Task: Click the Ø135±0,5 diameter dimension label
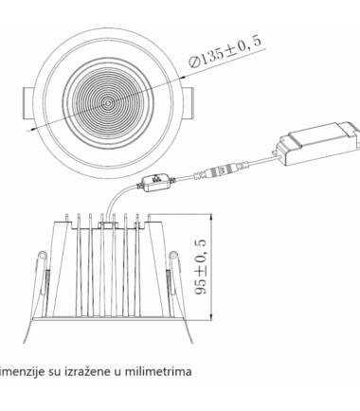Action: coord(225,51)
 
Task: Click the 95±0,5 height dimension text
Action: coord(201,267)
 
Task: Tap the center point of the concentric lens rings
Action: coord(108,103)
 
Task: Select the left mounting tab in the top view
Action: coord(28,103)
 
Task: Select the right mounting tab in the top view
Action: coord(189,103)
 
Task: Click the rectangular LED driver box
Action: coord(317,144)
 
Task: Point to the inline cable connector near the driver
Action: coord(222,171)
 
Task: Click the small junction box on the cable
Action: coord(155,183)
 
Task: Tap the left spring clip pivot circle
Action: coord(42,255)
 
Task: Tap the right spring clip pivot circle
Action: coord(173,255)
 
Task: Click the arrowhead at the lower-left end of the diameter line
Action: coord(29,129)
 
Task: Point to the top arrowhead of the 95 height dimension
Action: coord(211,218)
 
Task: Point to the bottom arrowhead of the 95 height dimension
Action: coord(211,316)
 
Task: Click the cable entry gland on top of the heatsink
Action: coord(108,224)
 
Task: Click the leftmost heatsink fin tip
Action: coord(67,216)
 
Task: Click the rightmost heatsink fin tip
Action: coord(149,216)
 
